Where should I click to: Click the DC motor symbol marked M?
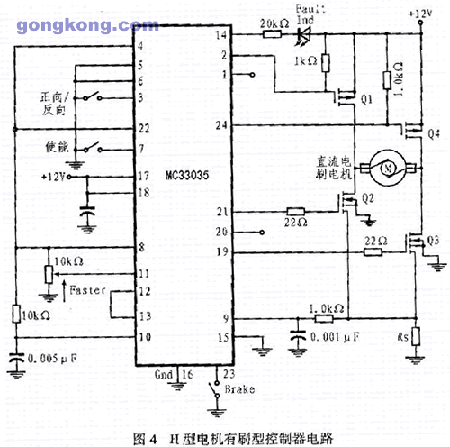pyautogui.click(x=387, y=164)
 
